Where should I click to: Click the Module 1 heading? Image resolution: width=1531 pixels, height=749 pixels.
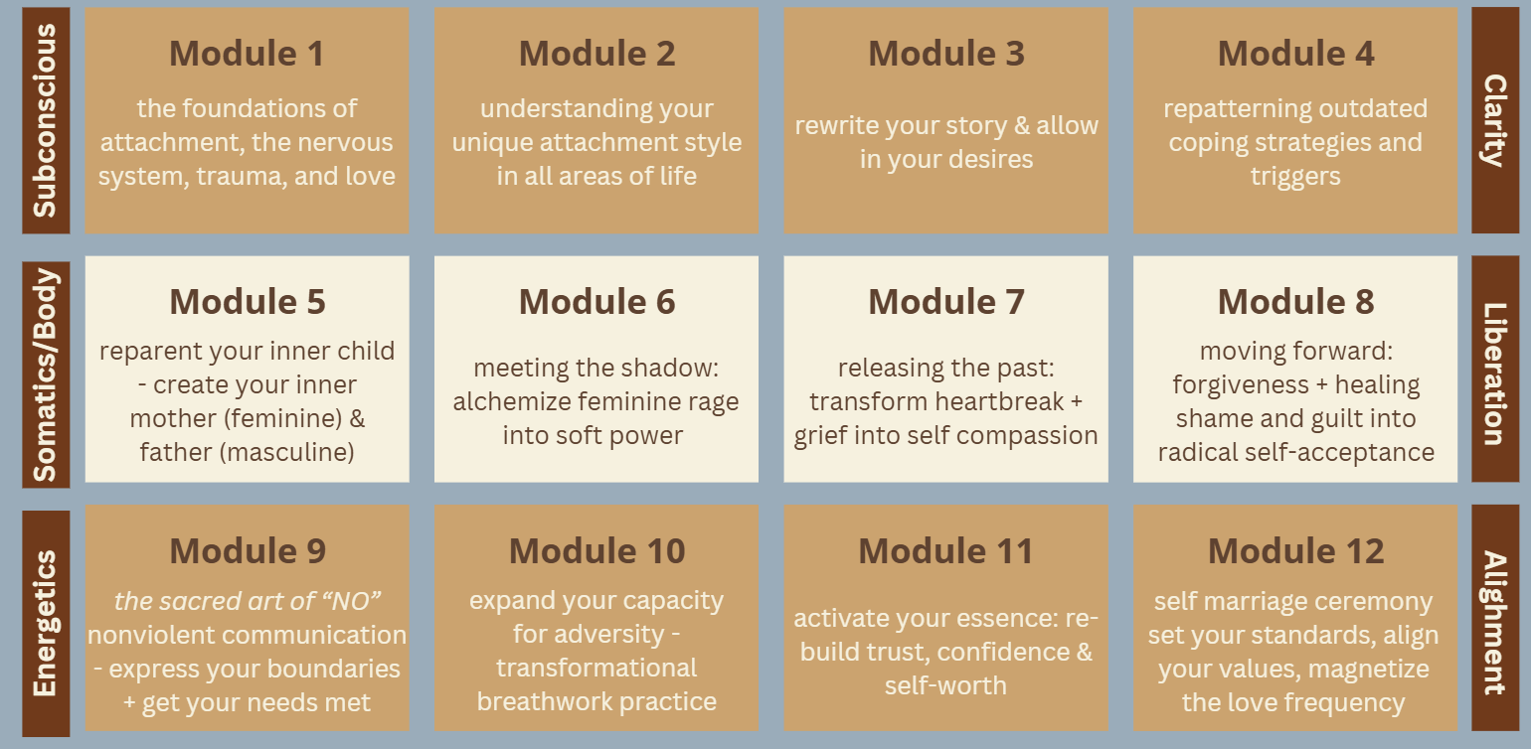coord(247,54)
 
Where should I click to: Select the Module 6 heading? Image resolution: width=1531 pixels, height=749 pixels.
coord(596,302)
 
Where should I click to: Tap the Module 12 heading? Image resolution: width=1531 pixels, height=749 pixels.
coord(1296,551)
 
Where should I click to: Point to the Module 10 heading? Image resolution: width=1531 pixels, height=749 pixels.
coord(596,551)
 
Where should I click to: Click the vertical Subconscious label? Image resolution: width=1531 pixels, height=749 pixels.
coord(45,120)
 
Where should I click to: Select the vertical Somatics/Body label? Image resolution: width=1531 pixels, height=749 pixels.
coord(45,374)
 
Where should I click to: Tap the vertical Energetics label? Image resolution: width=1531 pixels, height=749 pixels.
coord(45,624)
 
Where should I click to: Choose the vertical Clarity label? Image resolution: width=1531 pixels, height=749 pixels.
coord(1495,120)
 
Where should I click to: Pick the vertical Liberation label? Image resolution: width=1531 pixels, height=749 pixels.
coord(1495,374)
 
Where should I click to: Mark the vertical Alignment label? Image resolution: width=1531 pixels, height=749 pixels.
coord(1495,623)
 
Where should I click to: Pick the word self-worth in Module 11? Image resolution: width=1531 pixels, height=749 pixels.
coord(945,685)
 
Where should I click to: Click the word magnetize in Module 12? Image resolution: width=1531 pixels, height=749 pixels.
coord(1368,670)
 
